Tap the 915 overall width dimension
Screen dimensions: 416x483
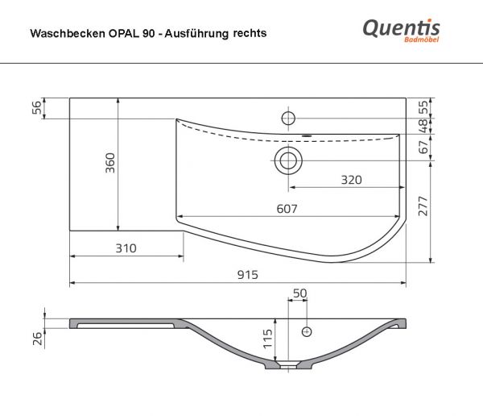tap(247, 275)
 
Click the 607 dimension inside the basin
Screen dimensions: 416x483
tap(287, 209)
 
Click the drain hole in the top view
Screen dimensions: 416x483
tap(287, 160)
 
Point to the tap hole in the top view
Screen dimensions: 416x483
tap(287, 118)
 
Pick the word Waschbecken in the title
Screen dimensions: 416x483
tap(61, 34)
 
